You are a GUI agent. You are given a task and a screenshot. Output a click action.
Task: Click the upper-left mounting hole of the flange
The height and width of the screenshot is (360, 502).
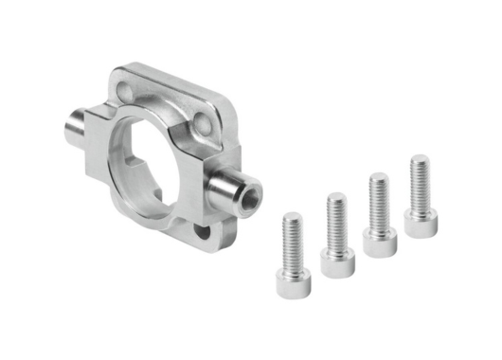tap(128, 90)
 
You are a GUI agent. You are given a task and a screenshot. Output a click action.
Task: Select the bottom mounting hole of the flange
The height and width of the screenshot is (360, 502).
tap(202, 228)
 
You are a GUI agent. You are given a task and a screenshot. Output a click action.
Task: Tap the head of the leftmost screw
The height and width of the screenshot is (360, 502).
tap(292, 279)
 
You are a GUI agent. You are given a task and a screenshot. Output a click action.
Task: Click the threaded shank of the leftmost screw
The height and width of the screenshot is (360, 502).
tap(292, 242)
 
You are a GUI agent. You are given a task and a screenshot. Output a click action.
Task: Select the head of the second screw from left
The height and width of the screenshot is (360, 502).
tap(337, 260)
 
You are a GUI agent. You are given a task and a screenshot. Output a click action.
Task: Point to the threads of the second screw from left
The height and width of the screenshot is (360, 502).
tap(336, 224)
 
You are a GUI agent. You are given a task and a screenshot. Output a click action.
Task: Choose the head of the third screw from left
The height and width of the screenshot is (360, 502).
tap(379, 238)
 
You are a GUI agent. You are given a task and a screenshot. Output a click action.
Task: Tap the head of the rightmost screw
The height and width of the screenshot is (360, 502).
tap(420, 221)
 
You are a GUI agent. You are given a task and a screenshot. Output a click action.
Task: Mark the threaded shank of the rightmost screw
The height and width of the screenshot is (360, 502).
tap(420, 185)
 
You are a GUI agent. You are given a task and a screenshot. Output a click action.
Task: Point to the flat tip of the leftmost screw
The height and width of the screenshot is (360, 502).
tap(292, 217)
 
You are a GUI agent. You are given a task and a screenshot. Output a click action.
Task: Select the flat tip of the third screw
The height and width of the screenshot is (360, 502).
tap(379, 177)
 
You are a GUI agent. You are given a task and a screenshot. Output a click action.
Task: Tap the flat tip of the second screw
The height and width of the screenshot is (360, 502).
tap(336, 197)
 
